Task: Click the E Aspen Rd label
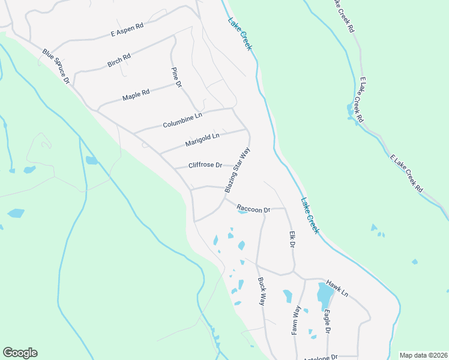(127, 31)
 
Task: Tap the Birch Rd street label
(119, 60)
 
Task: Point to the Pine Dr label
(176, 77)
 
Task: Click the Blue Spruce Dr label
(56, 66)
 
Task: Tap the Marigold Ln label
(202, 140)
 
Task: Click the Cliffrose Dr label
(205, 165)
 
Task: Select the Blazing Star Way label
(237, 170)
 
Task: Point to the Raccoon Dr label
(254, 209)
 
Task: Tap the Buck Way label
(262, 291)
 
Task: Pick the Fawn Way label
(297, 319)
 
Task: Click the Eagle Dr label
(327, 322)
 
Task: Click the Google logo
(20, 353)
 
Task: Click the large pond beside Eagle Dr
(324, 294)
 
